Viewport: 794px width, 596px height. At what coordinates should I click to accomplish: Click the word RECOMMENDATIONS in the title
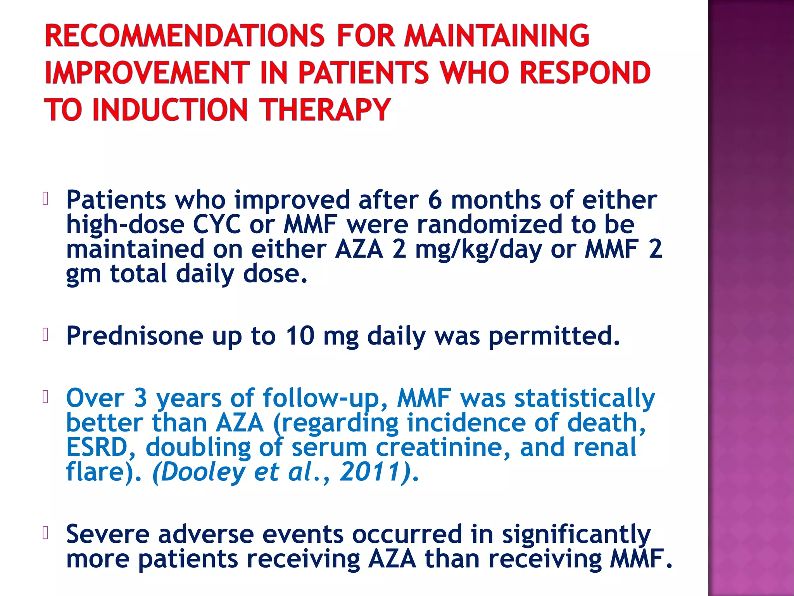pyautogui.click(x=184, y=36)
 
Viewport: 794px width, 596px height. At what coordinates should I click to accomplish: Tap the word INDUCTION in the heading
pyautogui.click(x=170, y=110)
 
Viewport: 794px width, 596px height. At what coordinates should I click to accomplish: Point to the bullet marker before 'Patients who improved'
pyautogui.click(x=45, y=199)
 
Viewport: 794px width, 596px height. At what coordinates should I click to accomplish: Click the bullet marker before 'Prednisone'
pyautogui.click(x=45, y=334)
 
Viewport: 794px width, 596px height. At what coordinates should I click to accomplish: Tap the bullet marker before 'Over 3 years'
pyautogui.click(x=45, y=397)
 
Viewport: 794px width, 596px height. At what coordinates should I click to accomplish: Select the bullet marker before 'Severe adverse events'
pyautogui.click(x=45, y=533)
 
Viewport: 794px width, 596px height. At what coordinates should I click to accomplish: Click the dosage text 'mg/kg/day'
pyautogui.click(x=478, y=249)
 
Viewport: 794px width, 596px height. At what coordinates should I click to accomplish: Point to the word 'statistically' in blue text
pyautogui.click(x=584, y=398)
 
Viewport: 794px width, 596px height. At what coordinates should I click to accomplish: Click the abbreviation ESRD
pyautogui.click(x=97, y=447)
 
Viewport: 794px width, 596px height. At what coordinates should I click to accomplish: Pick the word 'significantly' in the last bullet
pyautogui.click(x=576, y=535)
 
